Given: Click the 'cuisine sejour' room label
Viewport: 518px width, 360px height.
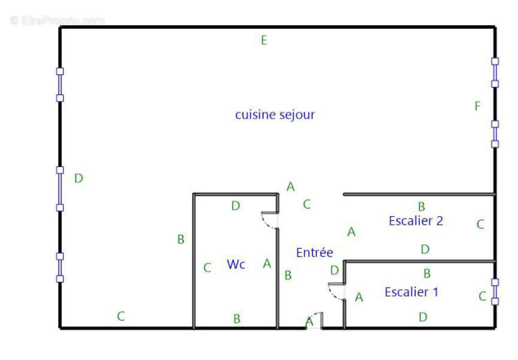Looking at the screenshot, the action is (275, 115).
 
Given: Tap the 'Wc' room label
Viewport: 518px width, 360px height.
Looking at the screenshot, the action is (236, 264).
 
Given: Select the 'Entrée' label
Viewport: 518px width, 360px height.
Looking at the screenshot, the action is (314, 252).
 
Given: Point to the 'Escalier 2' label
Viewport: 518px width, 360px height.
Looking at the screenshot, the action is (416, 220).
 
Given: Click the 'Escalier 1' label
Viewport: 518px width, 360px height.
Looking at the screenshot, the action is (411, 292).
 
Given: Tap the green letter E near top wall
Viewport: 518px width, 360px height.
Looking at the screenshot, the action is (264, 40).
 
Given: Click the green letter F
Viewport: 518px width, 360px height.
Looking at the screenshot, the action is (477, 106).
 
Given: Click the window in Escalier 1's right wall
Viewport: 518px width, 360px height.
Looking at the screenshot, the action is (495, 292).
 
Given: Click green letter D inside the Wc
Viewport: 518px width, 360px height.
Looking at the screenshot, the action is (235, 205).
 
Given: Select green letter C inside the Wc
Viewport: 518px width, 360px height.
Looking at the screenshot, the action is (207, 267).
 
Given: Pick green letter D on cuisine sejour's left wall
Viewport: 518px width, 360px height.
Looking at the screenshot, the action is (78, 178).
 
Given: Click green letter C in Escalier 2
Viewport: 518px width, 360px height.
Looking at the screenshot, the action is (480, 224).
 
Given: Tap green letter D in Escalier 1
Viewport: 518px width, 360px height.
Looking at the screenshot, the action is (423, 317).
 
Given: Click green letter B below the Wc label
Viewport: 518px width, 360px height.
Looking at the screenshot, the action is (237, 319).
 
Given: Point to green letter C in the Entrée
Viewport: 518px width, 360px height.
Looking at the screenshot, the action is (307, 204).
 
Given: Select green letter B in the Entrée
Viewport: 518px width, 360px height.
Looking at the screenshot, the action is (288, 275).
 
